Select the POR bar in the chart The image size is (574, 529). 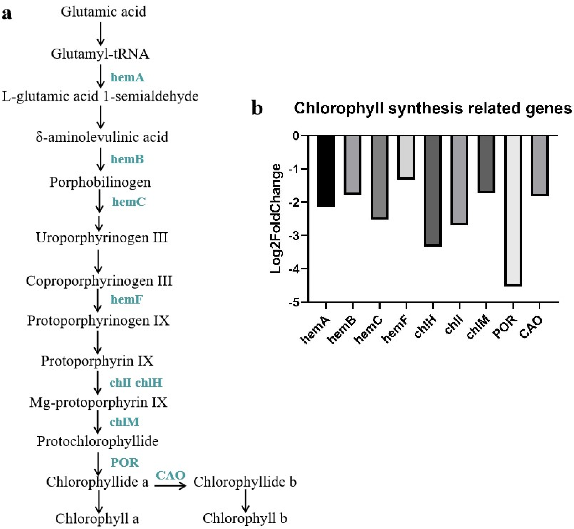point(513,210)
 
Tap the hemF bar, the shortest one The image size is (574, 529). point(406,157)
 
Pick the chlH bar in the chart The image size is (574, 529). point(433,190)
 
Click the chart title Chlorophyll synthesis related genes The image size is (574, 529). point(433,109)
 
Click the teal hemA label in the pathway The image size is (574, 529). point(127,77)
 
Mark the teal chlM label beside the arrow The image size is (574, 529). point(124,422)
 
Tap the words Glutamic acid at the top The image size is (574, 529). point(103,12)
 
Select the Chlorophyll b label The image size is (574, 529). point(245,518)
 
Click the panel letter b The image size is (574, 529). point(257,109)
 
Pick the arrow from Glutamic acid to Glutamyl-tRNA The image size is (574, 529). point(100,34)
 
